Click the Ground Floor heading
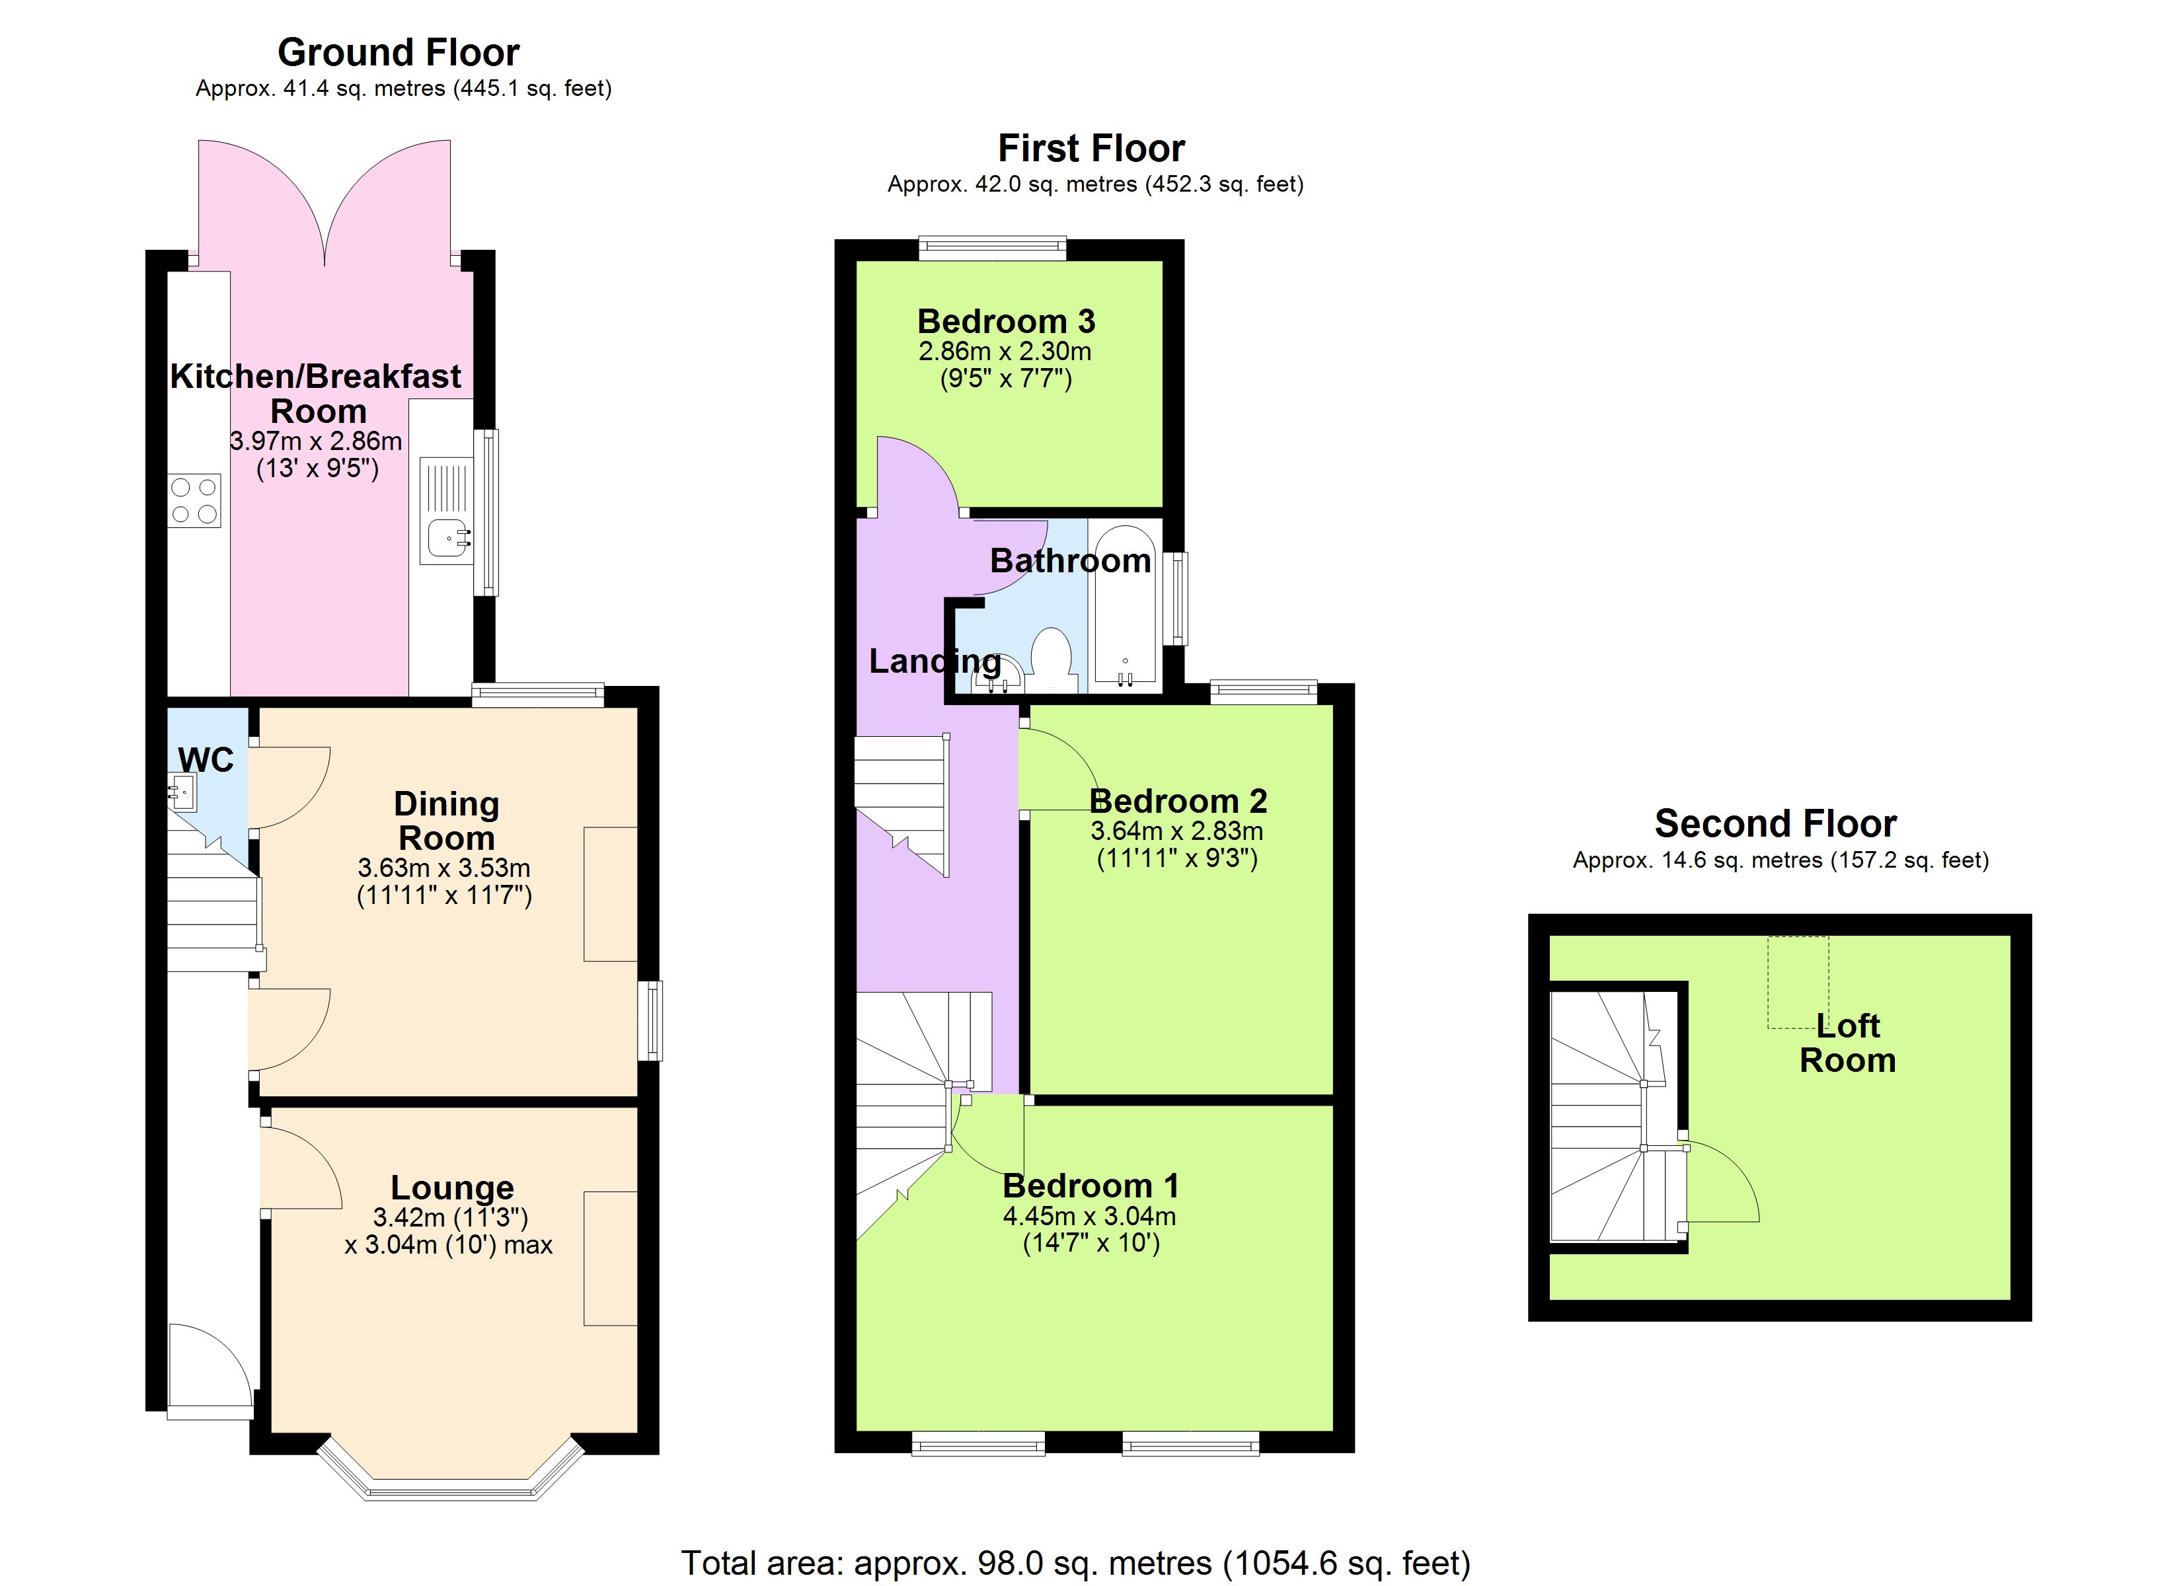click(x=398, y=52)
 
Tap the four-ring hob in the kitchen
click(x=194, y=501)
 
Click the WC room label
click(x=206, y=761)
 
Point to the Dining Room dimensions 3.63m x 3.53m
click(x=444, y=868)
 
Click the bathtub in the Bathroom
click(x=1125, y=607)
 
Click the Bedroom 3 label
click(x=1006, y=321)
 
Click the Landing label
click(x=935, y=661)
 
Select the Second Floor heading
click(x=1775, y=824)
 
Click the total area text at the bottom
click(x=1075, y=1563)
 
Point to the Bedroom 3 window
click(x=993, y=249)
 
